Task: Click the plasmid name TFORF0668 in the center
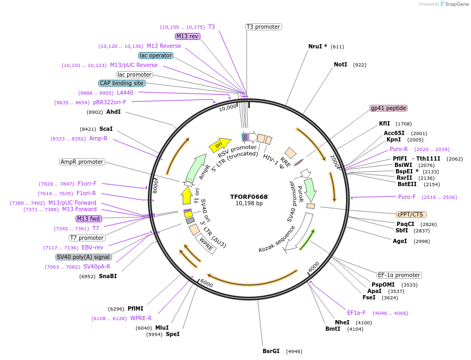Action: [x=249, y=196]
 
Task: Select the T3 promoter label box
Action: [x=263, y=27]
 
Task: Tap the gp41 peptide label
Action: [x=389, y=108]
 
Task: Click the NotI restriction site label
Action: [x=340, y=64]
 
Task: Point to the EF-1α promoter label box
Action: [x=399, y=275]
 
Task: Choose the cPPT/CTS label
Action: [x=411, y=214]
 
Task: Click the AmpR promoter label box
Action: [x=82, y=162]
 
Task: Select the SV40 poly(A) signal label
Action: [x=83, y=257]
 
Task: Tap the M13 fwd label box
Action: [x=88, y=219]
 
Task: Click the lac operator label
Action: [x=155, y=55]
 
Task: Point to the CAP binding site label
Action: [x=122, y=83]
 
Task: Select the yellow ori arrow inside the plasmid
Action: [x=220, y=144]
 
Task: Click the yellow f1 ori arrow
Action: [x=187, y=195]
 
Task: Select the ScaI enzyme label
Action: [x=106, y=129]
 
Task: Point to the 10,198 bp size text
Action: [x=249, y=203]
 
